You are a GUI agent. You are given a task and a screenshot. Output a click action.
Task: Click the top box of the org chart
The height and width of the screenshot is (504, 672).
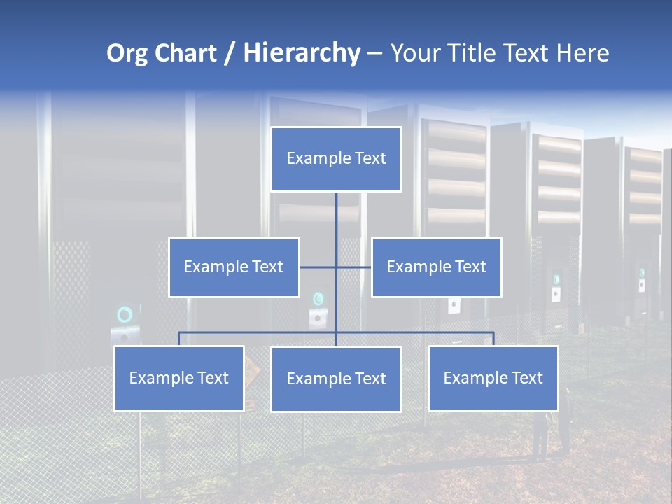click(x=336, y=159)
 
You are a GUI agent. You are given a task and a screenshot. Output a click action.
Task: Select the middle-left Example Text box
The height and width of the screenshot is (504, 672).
click(x=234, y=267)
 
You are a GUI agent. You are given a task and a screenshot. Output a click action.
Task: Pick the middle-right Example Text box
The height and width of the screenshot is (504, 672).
click(x=436, y=267)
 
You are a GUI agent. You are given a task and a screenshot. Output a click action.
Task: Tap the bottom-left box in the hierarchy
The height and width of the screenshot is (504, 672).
click(x=178, y=378)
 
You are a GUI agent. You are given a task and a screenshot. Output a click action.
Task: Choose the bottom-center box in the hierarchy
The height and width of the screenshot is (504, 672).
click(x=336, y=379)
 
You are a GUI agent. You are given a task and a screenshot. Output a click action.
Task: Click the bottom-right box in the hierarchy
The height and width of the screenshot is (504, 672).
click(x=493, y=378)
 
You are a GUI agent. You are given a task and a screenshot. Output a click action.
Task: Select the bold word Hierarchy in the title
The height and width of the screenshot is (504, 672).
click(x=302, y=54)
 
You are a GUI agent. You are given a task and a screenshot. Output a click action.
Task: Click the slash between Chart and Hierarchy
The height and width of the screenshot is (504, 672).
click(x=229, y=54)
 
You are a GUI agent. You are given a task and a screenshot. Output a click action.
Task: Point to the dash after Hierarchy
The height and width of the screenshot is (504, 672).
click(x=374, y=54)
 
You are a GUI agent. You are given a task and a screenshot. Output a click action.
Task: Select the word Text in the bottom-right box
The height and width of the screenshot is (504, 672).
click(x=526, y=378)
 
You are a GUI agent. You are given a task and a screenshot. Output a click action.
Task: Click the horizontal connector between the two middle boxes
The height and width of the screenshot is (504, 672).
click(x=335, y=267)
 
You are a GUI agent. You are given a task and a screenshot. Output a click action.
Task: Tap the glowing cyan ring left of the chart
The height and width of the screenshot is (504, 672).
click(x=125, y=314)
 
